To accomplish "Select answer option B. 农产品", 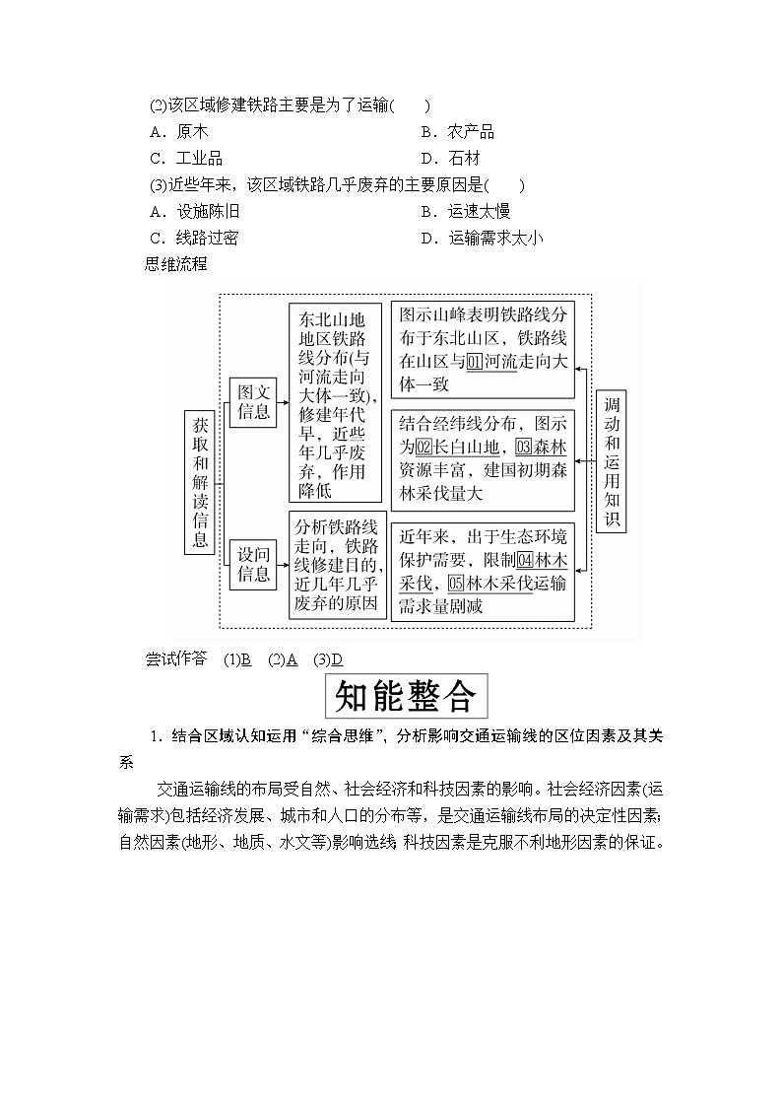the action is (x=457, y=132).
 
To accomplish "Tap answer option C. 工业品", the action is (x=185, y=159).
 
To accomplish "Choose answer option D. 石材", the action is (x=450, y=159).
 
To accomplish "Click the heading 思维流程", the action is (x=175, y=263).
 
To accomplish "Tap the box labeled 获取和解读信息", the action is (x=200, y=483).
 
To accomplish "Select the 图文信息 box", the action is (x=253, y=402).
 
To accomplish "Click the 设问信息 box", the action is (x=253, y=565).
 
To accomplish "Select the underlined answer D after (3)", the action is (x=336, y=659).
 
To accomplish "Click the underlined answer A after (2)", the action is (x=292, y=659).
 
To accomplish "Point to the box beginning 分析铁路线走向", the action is (x=338, y=565).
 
